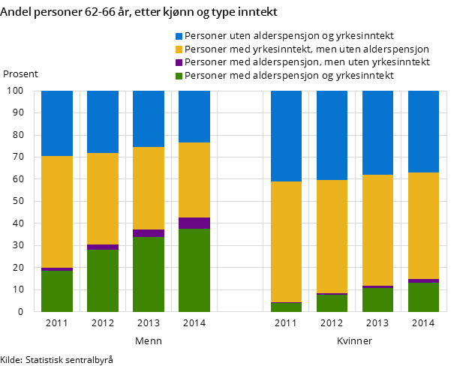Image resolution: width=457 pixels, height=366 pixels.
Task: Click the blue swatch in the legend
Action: pos(179,36)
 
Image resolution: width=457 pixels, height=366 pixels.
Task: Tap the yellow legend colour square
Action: pos(179,49)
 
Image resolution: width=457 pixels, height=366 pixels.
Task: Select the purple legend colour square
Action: pos(179,62)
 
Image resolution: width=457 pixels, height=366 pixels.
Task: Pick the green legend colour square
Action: pos(179,76)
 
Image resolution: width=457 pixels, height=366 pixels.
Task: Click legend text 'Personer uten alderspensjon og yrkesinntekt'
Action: pos(289,36)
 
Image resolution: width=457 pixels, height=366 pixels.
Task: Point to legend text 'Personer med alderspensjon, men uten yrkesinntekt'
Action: pos(307,62)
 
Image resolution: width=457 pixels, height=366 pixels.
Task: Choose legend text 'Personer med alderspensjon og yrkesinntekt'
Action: pos(289,76)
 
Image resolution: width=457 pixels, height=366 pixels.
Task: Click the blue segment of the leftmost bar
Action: pos(57,123)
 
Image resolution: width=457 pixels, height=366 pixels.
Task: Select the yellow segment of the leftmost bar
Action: pos(57,211)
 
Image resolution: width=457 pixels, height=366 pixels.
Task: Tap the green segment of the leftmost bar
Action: pos(57,291)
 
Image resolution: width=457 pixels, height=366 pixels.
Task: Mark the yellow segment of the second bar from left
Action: pos(103,199)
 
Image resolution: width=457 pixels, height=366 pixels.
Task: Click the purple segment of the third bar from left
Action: pos(149,233)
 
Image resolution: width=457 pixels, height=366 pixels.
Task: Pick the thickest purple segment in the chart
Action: pos(194,223)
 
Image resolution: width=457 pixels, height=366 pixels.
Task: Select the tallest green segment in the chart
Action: pos(194,270)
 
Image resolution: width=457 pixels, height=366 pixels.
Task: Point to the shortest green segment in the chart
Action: pos(286,307)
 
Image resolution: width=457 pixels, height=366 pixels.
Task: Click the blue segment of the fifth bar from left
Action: pos(286,136)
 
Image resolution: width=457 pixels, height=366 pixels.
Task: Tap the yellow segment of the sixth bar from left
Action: pos(332,236)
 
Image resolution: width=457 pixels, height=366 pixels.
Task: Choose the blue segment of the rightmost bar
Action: pos(423,131)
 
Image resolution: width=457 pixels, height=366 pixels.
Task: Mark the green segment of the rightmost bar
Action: pos(423,297)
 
